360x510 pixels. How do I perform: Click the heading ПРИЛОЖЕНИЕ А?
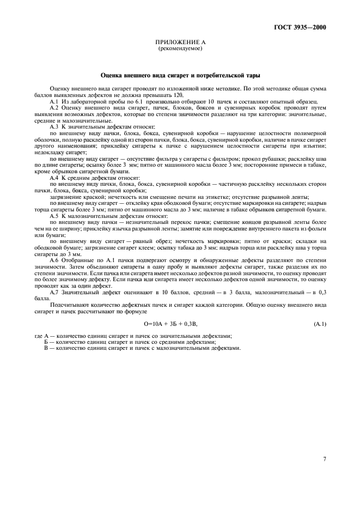pos(180,42)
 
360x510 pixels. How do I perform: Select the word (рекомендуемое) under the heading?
pos(180,48)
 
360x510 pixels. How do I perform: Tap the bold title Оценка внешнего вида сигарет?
pos(180,75)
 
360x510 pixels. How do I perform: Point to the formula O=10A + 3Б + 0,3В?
pos(171,324)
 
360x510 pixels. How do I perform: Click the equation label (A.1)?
pos(320,324)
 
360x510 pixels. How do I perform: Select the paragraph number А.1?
pos(54,102)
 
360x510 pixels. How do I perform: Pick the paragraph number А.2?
pos(54,108)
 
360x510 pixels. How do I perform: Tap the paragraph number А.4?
pos(54,178)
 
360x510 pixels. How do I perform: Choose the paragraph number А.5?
pos(54,215)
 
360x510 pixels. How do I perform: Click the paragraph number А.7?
pos(54,293)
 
